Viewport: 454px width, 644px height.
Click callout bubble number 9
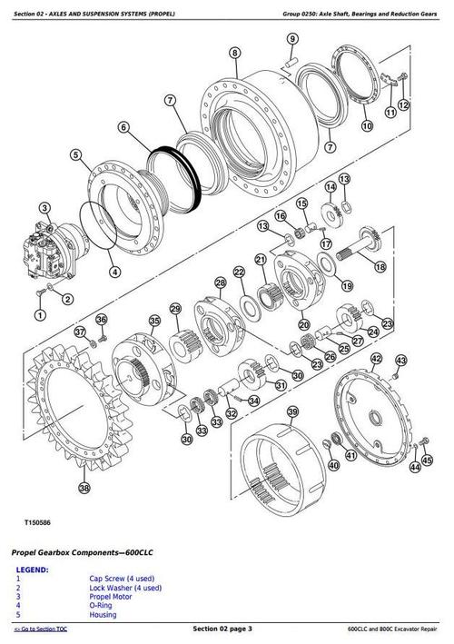coord(292,38)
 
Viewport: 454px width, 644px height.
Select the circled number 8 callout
coord(235,54)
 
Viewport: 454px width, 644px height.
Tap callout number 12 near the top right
coord(404,112)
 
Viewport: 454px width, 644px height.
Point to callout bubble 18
coord(380,267)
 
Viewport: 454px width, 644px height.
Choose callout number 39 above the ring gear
coord(292,411)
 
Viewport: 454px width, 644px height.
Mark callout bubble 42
coord(375,361)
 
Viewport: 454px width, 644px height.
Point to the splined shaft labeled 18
coord(350,243)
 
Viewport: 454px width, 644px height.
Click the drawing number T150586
coord(33,524)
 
